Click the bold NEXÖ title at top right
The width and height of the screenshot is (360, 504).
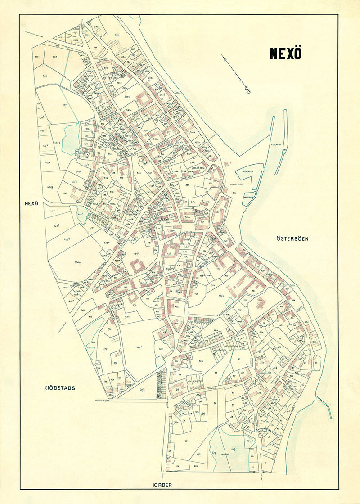(285, 53)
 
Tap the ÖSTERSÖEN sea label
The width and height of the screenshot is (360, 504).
(292, 239)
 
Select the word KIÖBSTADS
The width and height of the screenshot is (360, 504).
(59, 387)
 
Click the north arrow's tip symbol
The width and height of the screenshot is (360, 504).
(247, 90)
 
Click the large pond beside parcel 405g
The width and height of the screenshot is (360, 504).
(71, 139)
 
